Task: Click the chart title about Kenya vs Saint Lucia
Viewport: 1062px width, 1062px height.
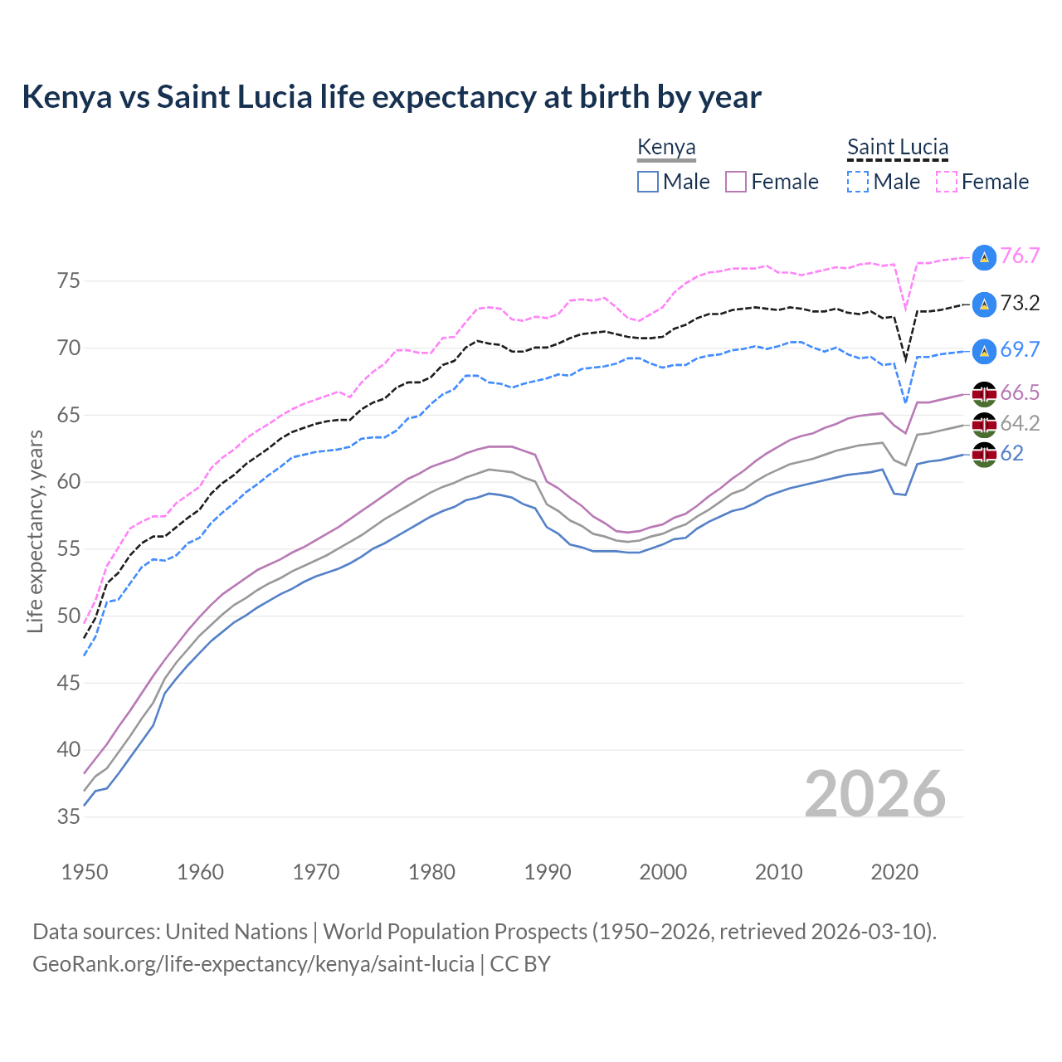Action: tap(391, 97)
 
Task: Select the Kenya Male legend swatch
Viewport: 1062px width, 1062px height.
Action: tap(648, 182)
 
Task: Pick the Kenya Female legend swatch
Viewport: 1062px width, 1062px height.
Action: tap(736, 182)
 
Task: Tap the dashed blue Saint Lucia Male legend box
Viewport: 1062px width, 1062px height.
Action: tap(858, 182)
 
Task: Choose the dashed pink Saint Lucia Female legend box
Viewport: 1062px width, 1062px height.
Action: tap(947, 182)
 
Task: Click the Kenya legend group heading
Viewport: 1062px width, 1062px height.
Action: tap(666, 148)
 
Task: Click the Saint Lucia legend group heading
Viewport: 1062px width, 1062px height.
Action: tap(897, 148)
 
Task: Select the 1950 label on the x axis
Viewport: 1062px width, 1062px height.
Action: tap(85, 872)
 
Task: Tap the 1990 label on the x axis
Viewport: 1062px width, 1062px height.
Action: tap(548, 872)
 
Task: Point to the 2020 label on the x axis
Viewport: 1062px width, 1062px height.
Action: tap(894, 872)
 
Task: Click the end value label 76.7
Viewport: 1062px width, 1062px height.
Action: tap(1020, 256)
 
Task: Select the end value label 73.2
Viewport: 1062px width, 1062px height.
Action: tap(1020, 304)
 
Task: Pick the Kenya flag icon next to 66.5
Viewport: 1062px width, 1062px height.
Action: tap(984, 393)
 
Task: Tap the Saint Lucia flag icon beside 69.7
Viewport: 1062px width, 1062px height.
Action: tap(984, 351)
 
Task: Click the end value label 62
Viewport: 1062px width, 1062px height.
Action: tap(1011, 453)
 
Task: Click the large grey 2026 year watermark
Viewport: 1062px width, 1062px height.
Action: tap(874, 794)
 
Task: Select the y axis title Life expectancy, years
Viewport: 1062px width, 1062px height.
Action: tap(35, 531)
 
